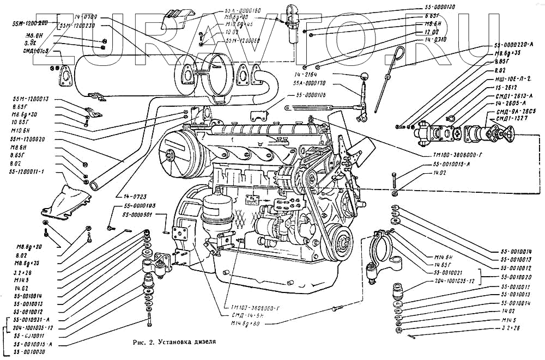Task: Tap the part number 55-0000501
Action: (x=140, y=215)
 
